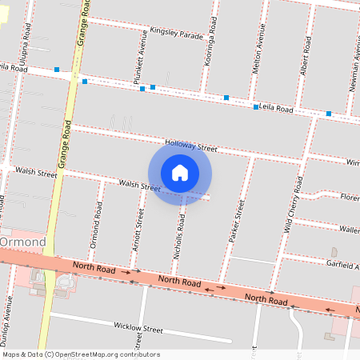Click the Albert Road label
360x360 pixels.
[304, 57]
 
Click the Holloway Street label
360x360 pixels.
[191, 147]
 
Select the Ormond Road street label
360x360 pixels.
[96, 223]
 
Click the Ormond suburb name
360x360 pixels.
[22, 242]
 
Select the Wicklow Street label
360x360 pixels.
[138, 329]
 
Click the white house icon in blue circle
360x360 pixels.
[180, 172]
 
